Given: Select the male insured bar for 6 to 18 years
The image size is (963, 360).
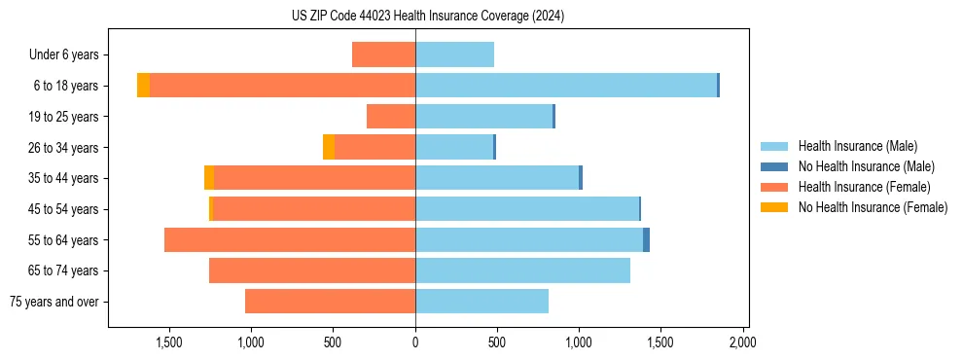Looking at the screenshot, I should pos(566,86).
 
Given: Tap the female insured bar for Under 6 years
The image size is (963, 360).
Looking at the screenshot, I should pos(383,54).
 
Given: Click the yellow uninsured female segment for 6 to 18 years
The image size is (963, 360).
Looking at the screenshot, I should pos(143,86).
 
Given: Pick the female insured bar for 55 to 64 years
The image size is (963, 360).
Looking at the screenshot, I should pos(290,240).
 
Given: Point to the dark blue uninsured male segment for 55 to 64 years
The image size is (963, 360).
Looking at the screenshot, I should pos(646,240).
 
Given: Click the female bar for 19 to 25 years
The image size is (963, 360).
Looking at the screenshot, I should pos(391,117).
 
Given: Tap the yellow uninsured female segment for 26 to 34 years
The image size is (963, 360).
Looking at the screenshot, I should pos(329,147).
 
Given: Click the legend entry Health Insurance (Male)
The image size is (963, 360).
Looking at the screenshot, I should pos(857,146).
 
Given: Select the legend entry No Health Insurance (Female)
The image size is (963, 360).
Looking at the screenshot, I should pos(873,207).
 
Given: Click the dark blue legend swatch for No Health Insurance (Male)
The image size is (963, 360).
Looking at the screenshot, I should pos(774,166).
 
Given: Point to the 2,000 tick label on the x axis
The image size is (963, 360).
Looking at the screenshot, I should pos(743,342).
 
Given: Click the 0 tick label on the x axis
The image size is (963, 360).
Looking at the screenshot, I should pos(415,342).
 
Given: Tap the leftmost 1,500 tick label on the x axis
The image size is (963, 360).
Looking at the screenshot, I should pos(169,342).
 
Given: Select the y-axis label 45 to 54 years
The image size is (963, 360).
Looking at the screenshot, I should pos(64,209).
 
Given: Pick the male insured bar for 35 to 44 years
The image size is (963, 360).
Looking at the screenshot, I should pos(497,178).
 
